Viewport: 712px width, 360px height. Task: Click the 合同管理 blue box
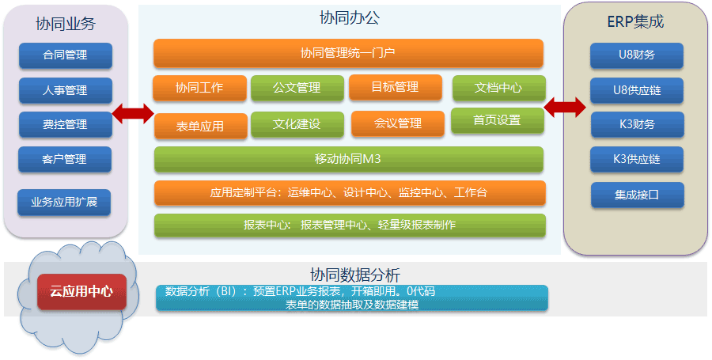[65, 55]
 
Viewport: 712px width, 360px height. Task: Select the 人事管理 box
[65, 90]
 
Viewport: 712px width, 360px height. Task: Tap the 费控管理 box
[65, 125]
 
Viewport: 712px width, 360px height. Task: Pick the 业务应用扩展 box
[64, 202]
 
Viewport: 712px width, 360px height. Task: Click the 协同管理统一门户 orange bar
[348, 54]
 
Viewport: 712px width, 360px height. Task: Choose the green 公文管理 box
[297, 88]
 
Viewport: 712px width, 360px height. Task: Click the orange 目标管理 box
[395, 87]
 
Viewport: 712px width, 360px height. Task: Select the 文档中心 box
[498, 88]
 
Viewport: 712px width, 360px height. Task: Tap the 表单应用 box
[200, 126]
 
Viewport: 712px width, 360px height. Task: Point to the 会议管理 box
[398, 123]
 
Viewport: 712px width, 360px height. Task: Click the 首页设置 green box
[497, 120]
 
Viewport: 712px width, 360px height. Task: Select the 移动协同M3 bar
[348, 159]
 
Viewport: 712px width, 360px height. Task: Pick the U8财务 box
[637, 55]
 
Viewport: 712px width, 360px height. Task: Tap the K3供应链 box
[637, 159]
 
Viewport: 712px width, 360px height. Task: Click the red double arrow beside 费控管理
[132, 114]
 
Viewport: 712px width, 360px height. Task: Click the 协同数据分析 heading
[349, 275]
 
